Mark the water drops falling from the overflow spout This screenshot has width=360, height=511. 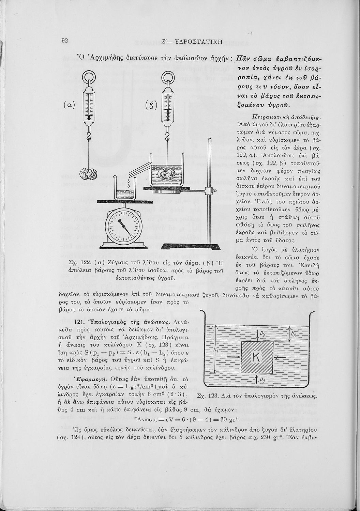129,184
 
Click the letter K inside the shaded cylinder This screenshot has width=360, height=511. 256,356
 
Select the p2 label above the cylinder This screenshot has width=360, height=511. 262,334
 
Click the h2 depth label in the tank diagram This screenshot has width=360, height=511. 293,334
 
